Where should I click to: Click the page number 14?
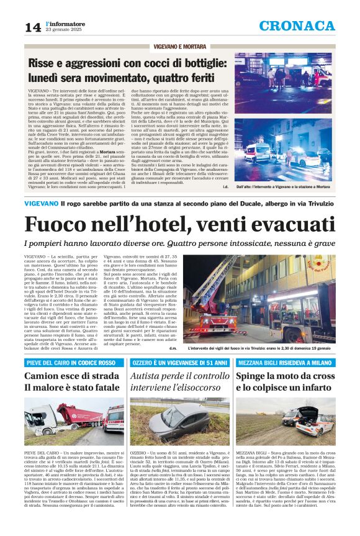click(32, 27)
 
